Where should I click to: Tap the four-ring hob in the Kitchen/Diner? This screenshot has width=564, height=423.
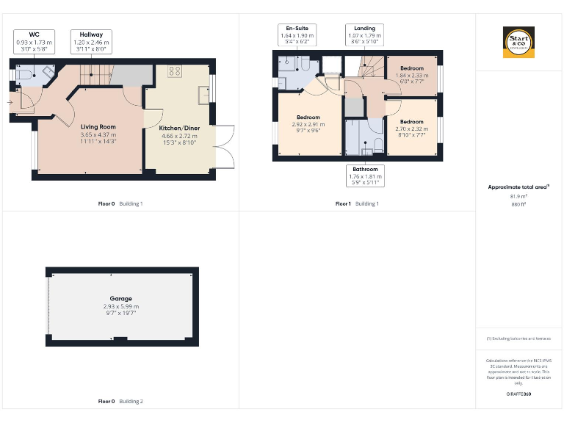175,71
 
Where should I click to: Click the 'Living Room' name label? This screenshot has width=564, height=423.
98,126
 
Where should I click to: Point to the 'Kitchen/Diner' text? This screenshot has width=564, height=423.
179,128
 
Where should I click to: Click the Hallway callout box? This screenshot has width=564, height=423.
91,39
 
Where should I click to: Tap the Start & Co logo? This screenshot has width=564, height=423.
518,42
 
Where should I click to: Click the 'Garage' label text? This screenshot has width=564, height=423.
121,298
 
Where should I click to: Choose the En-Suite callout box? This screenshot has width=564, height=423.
297,34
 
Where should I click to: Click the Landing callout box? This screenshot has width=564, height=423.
364,34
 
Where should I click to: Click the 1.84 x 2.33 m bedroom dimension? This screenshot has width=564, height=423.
411,74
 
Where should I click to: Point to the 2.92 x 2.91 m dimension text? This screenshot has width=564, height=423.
308,124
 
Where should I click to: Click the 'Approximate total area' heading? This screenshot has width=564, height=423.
518,187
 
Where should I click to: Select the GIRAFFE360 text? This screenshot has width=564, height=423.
518,394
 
